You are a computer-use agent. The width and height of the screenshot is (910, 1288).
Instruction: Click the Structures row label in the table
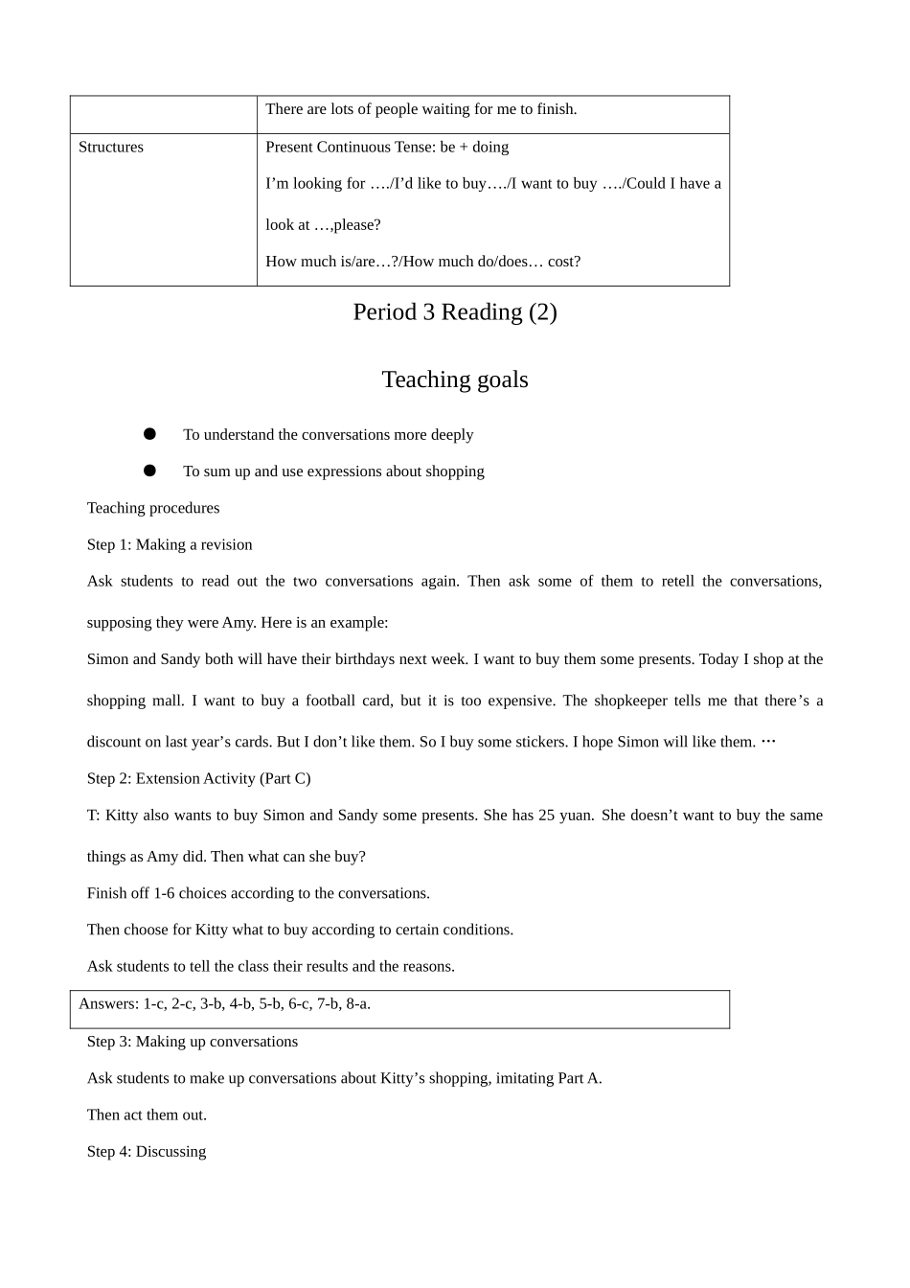[x=111, y=147]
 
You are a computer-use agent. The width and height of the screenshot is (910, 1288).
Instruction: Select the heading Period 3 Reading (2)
[x=454, y=312]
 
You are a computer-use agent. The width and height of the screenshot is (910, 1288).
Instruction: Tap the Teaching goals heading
[x=454, y=379]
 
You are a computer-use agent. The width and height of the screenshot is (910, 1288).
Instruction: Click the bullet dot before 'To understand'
[x=149, y=434]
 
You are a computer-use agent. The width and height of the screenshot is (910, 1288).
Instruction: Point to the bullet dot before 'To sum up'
[x=149, y=471]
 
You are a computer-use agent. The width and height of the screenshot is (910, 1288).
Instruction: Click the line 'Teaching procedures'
[x=153, y=508]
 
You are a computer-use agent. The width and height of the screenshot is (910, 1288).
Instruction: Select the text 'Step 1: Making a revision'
[x=170, y=544]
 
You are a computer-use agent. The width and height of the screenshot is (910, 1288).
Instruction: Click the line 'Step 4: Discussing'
[x=147, y=1151]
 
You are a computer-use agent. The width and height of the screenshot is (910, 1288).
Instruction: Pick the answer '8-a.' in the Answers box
[x=358, y=1003]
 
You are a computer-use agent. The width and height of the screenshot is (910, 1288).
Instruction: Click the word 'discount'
[x=115, y=742]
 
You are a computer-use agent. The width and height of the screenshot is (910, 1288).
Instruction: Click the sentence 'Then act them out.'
[x=147, y=1115]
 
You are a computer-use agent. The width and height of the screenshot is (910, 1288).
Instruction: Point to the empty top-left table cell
[x=163, y=114]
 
